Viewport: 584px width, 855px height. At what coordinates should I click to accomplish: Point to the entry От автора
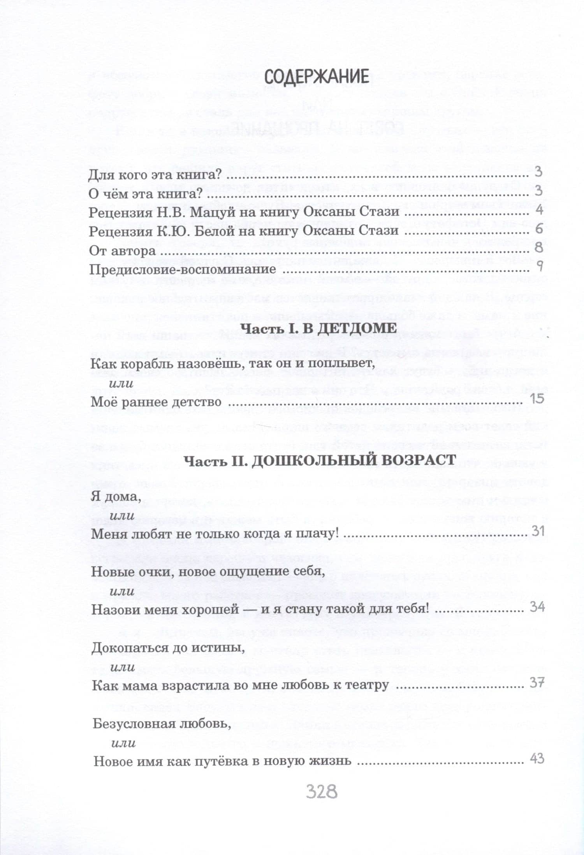pyautogui.click(x=123, y=250)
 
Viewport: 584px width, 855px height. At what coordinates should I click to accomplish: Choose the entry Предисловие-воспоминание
pyautogui.click(x=183, y=269)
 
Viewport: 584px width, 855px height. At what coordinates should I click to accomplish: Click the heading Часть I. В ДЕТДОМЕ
pyautogui.click(x=318, y=328)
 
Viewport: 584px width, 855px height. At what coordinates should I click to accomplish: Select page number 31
pyautogui.click(x=538, y=531)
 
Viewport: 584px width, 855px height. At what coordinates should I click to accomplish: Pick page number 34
pyautogui.click(x=537, y=607)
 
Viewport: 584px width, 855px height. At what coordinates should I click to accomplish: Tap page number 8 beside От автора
pyautogui.click(x=539, y=248)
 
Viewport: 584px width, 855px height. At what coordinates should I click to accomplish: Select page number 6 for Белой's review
pyautogui.click(x=539, y=229)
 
